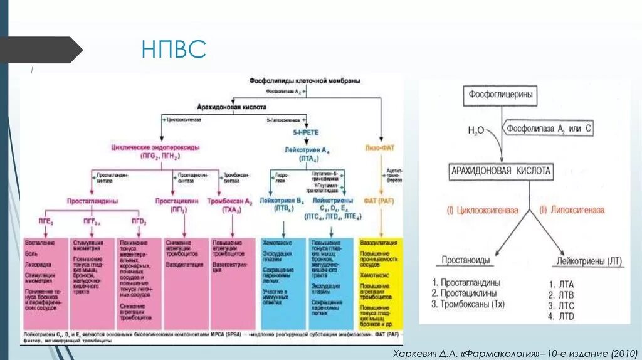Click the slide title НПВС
tap(174, 50)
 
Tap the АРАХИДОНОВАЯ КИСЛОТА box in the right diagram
tap(501, 171)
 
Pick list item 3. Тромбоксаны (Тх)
tap(468, 305)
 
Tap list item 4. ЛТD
tap(560, 316)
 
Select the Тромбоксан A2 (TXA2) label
tap(231, 205)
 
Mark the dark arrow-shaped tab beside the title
tap(41, 50)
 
